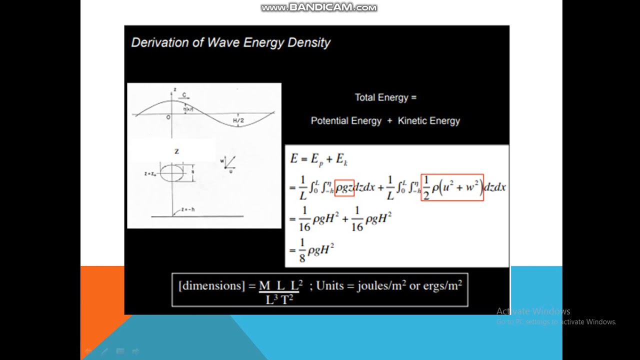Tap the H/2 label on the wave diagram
pyautogui.click(x=238, y=121)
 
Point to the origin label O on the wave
pyautogui.click(x=168, y=117)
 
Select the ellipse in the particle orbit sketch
pyautogui.click(x=171, y=172)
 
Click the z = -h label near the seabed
pyautogui.click(x=187, y=209)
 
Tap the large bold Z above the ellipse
pyautogui.click(x=176, y=151)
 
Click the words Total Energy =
pyautogui.click(x=385, y=97)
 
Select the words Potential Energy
pyautogui.click(x=346, y=120)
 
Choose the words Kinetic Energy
pyautogui.click(x=428, y=120)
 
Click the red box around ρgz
pyautogui.click(x=344, y=187)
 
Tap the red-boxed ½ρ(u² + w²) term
pyautogui.click(x=452, y=187)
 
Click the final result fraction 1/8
pyautogui.click(x=302, y=250)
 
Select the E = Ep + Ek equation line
pyautogui.click(x=319, y=159)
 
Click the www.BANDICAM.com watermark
pyautogui.click(x=319, y=7)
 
